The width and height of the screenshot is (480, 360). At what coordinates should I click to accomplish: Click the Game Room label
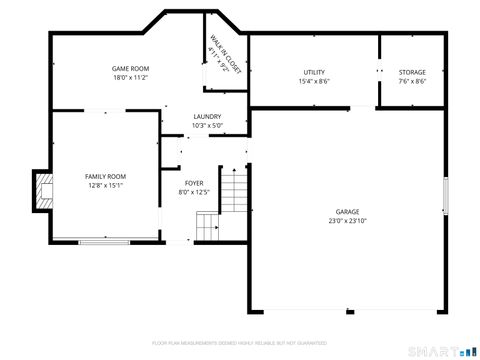click(130, 68)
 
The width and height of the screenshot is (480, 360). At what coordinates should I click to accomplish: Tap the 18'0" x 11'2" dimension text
click(130, 77)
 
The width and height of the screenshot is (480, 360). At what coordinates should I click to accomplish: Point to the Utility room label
click(314, 72)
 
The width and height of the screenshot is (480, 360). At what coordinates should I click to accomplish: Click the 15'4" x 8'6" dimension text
click(314, 81)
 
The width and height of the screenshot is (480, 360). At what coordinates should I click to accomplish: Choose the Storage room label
click(412, 72)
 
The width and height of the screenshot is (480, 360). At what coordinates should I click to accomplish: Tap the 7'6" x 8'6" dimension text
click(412, 81)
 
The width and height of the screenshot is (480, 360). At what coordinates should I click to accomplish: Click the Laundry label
click(207, 117)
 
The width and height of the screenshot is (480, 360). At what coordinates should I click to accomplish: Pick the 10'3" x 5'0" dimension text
click(207, 126)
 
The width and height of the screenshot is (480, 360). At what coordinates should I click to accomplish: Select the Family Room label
click(105, 176)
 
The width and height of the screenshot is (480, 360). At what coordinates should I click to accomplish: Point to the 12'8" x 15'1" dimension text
click(105, 185)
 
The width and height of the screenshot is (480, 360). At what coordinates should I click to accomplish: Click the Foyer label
click(193, 183)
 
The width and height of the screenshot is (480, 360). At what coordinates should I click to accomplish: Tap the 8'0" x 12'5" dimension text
click(193, 192)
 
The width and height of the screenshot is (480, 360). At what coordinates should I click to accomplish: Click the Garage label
click(347, 212)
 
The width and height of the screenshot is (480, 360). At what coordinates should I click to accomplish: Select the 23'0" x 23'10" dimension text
click(347, 221)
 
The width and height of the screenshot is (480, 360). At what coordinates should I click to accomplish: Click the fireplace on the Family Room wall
click(41, 190)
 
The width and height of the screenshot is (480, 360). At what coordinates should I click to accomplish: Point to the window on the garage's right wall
click(444, 196)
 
